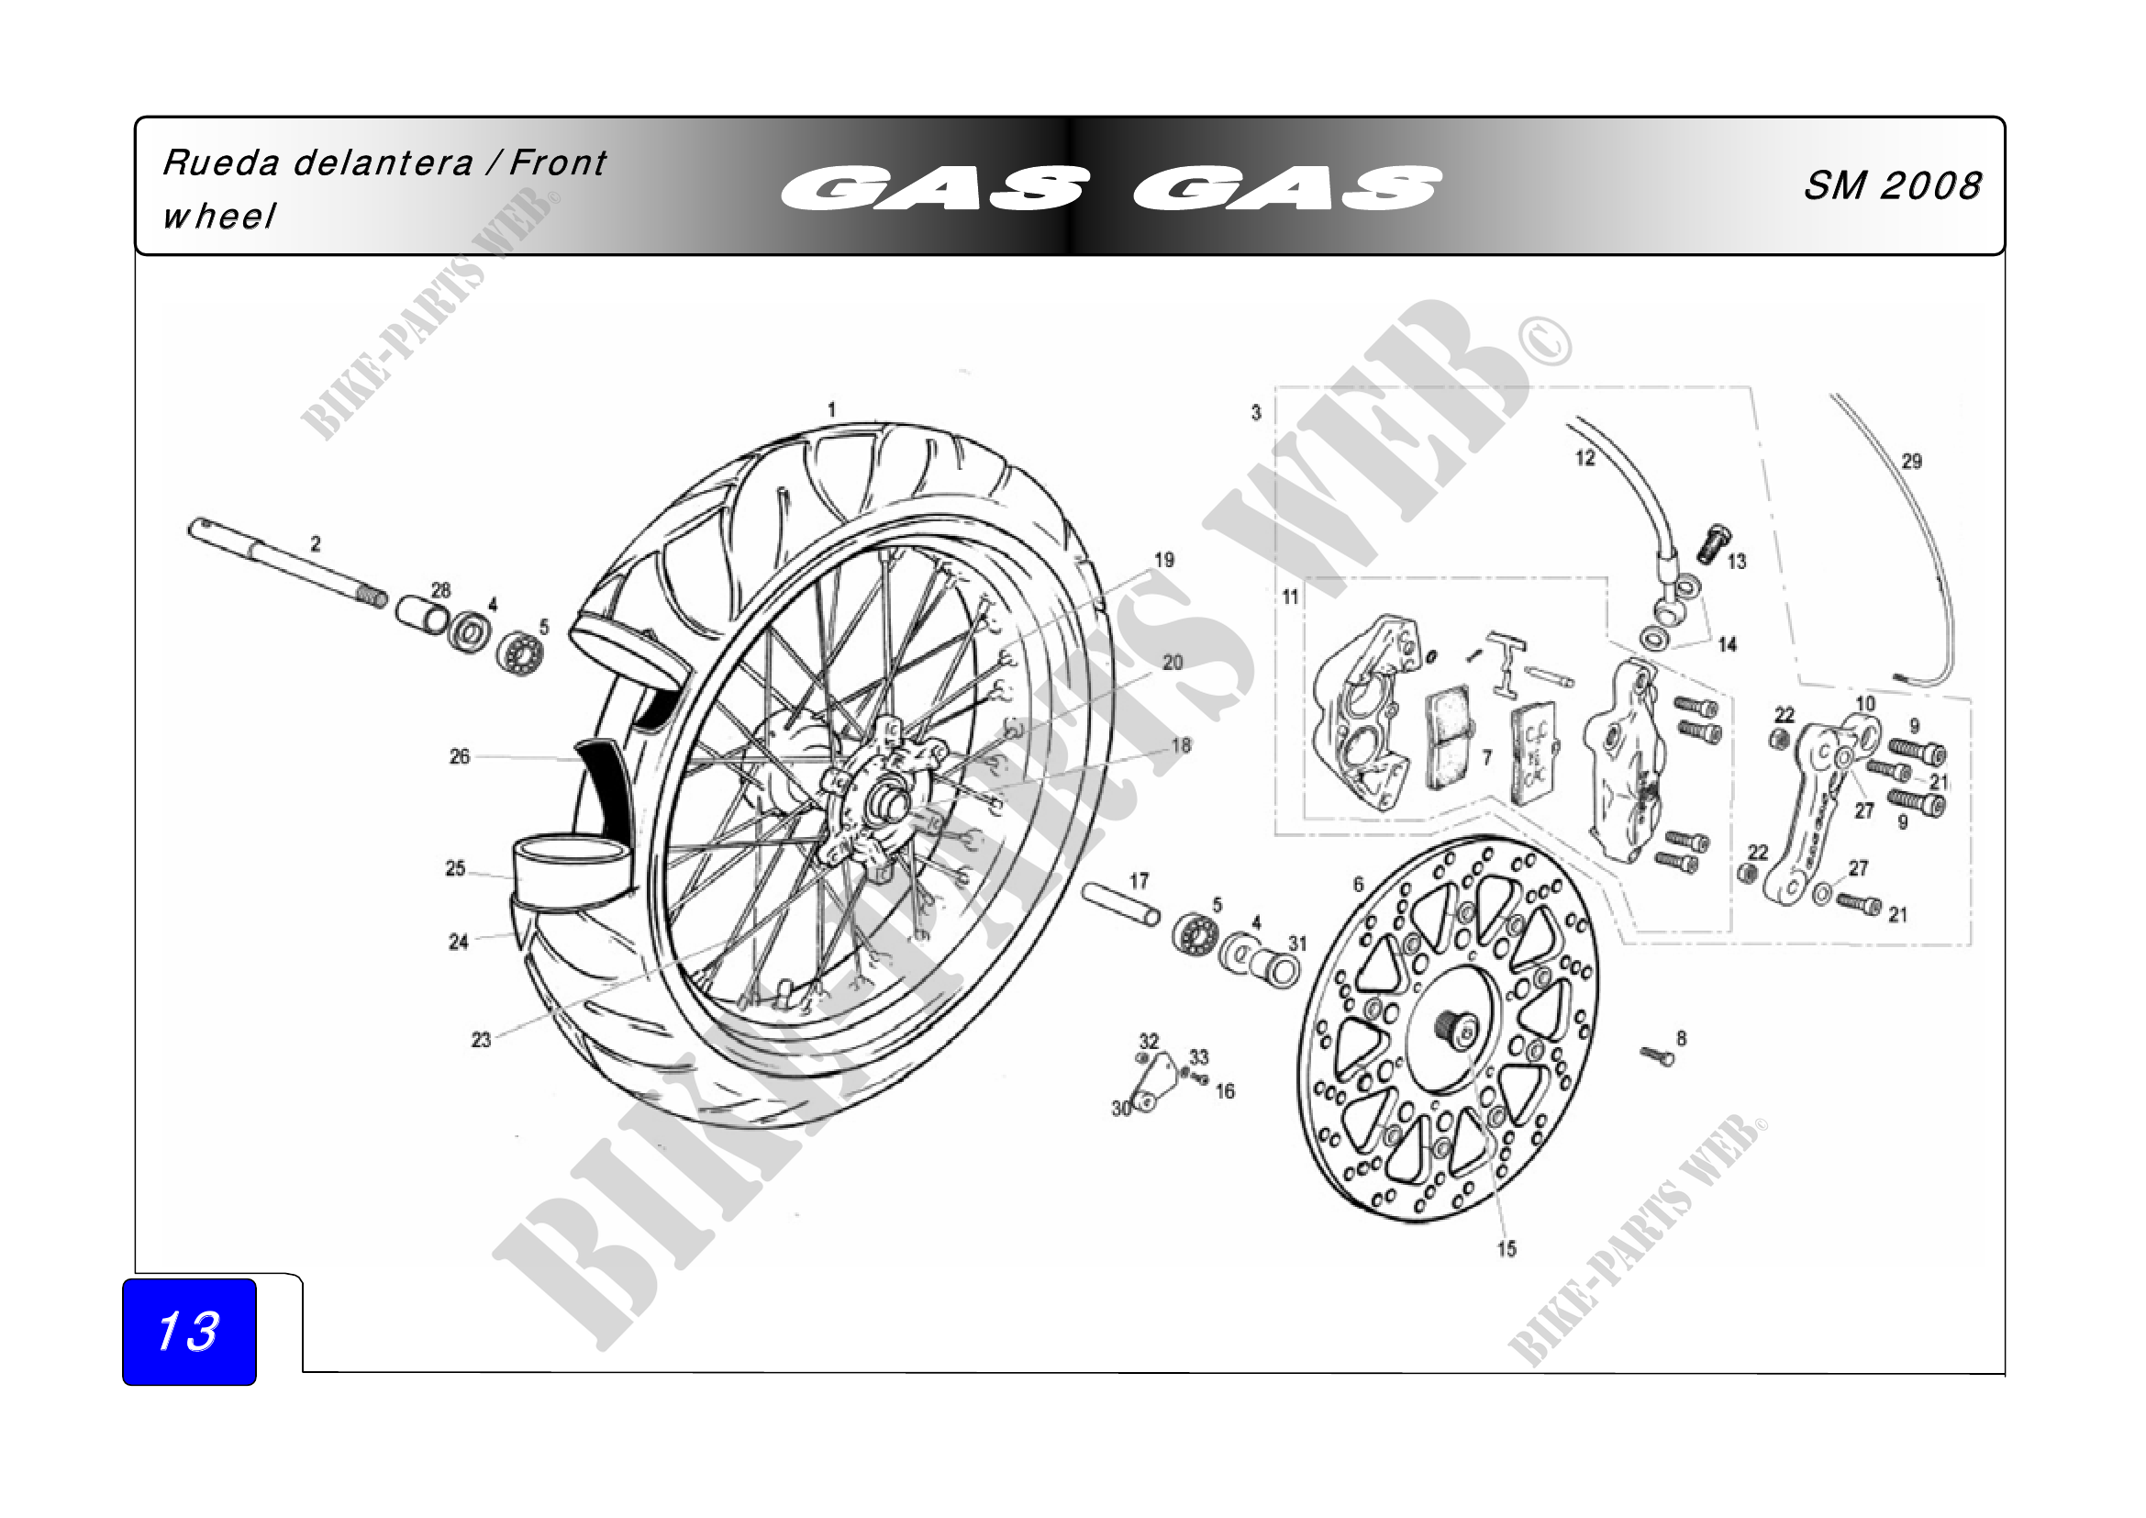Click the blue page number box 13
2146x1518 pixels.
(189, 1331)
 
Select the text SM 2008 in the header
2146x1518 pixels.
(1892, 185)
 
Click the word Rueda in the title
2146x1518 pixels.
(220, 162)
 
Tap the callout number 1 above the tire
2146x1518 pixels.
(831, 409)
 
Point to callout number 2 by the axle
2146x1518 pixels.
(316, 543)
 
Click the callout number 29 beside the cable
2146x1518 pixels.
(1911, 461)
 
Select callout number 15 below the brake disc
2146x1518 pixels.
(1507, 1249)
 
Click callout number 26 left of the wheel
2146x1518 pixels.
(459, 756)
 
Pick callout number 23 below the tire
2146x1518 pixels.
(481, 1040)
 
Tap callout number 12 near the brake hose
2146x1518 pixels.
(1585, 458)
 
